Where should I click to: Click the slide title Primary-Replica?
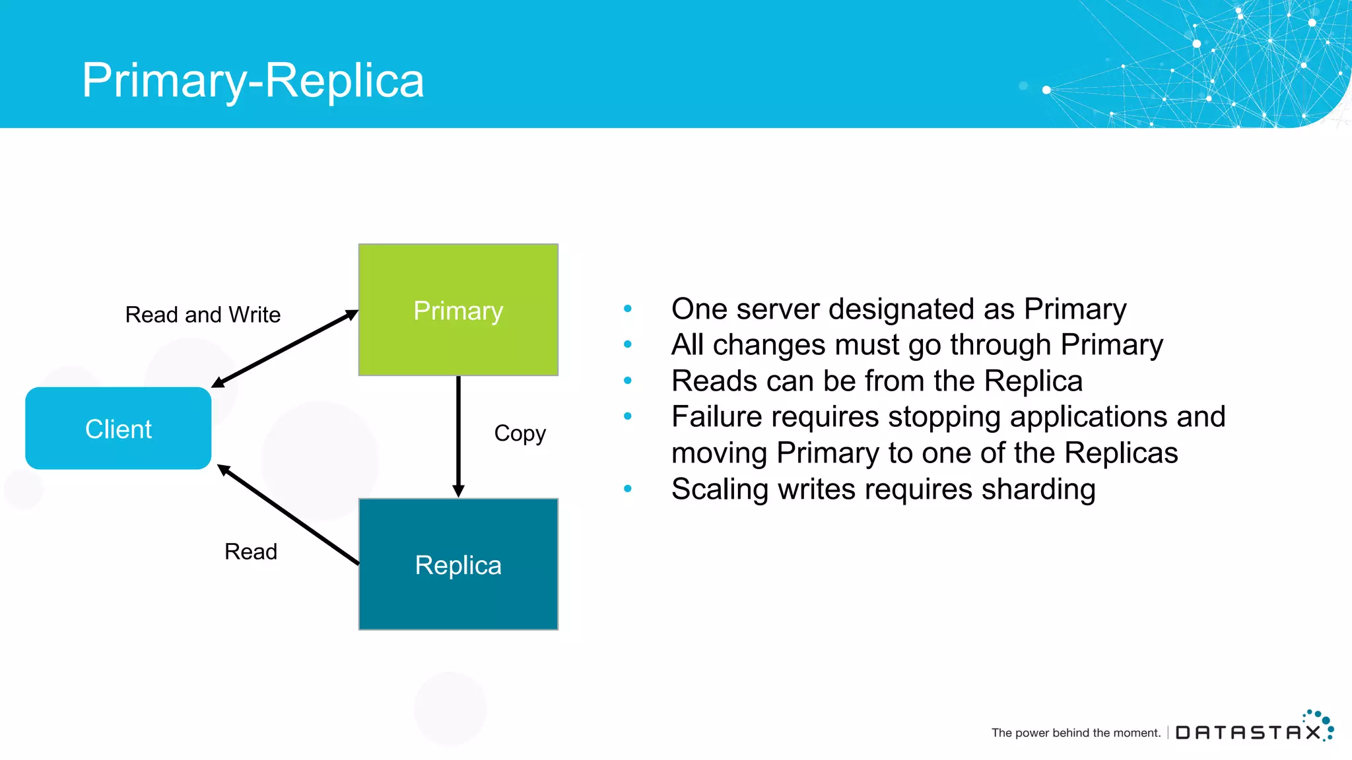[253, 80]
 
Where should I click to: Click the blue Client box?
[118, 429]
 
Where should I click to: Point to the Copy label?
[520, 433]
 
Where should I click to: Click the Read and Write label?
[203, 315]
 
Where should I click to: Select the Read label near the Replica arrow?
[250, 552]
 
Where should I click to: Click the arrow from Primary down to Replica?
[458, 435]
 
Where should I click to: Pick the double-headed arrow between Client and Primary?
[285, 348]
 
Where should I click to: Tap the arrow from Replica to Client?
[288, 515]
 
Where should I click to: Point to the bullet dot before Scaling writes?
[628, 489]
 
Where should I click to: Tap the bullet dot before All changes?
[628, 344]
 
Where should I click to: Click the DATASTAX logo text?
[1248, 732]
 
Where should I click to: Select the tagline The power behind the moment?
[1075, 733]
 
